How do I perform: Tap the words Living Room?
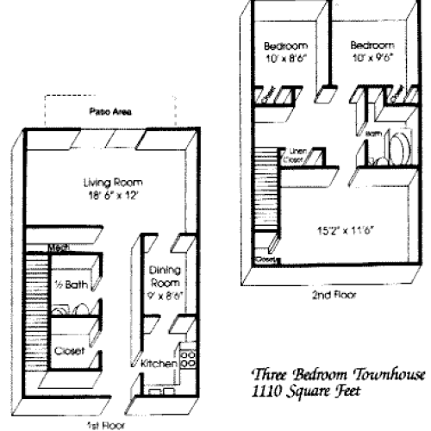pos(113,183)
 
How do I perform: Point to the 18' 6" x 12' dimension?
pos(113,195)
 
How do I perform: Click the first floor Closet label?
pos(68,351)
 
